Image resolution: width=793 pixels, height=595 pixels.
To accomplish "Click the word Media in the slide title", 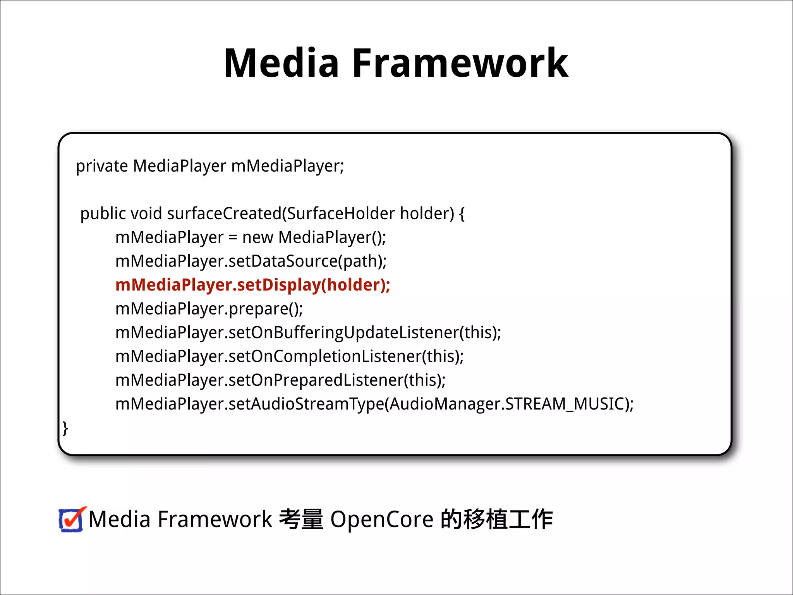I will click(x=281, y=63).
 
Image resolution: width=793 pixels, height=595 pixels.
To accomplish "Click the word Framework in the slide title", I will click(x=460, y=63).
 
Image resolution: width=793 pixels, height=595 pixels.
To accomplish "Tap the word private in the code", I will click(x=102, y=166).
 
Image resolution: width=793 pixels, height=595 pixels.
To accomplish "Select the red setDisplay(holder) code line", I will click(x=252, y=285).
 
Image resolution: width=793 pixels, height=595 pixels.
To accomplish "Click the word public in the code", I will click(x=103, y=214).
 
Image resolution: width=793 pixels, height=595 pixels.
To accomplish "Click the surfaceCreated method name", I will click(x=224, y=213).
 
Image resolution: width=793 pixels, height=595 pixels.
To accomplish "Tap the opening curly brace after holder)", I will click(x=462, y=214).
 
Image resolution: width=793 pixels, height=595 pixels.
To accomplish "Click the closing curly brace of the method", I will click(x=65, y=428).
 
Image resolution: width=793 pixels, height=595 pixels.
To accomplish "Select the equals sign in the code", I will click(x=233, y=237).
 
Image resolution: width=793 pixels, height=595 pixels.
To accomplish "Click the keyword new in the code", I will click(x=257, y=237).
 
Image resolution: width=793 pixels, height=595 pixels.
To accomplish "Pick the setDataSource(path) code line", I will click(x=251, y=261).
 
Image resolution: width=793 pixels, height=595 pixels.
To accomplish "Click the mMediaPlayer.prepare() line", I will click(x=209, y=309).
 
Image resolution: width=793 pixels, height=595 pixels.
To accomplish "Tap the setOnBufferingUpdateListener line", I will click(x=308, y=333).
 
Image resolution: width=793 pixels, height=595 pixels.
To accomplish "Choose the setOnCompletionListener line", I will click(x=289, y=356).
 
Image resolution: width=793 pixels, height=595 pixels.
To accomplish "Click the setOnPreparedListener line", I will click(x=280, y=380).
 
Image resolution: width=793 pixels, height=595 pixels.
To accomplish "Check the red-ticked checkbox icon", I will click(x=71, y=519).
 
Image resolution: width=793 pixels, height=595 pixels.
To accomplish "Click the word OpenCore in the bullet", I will click(x=381, y=519).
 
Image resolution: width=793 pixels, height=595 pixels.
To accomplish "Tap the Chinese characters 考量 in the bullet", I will click(x=301, y=519).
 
